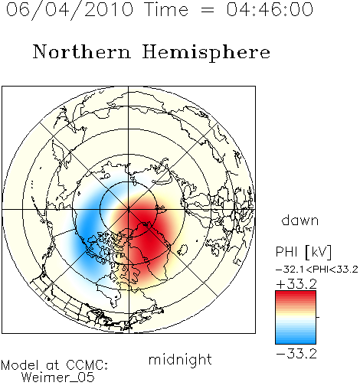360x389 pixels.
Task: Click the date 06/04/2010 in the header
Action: [x=70, y=10]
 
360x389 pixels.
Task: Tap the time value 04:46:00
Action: [x=270, y=9]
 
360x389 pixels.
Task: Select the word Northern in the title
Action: [x=82, y=51]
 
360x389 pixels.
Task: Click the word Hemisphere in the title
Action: [x=206, y=53]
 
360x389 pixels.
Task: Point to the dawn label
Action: [x=300, y=221]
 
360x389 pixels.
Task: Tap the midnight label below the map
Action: [x=180, y=360]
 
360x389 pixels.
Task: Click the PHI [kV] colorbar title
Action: [x=304, y=252]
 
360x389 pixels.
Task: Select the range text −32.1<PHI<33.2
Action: [x=317, y=270]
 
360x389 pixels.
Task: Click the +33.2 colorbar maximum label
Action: [x=296, y=284]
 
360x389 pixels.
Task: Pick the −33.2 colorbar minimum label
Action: [x=296, y=354]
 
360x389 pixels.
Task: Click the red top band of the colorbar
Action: [x=296, y=296]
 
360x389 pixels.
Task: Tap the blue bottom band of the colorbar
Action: [x=296, y=339]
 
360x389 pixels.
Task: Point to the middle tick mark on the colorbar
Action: [x=318, y=317]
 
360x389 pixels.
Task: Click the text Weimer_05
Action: [x=58, y=378]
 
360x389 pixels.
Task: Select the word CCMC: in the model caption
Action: [x=87, y=365]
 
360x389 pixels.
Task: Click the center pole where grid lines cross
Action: [x=129, y=209]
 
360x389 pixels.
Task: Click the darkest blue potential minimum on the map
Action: [x=87, y=230]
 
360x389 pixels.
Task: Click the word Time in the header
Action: [x=166, y=9]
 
